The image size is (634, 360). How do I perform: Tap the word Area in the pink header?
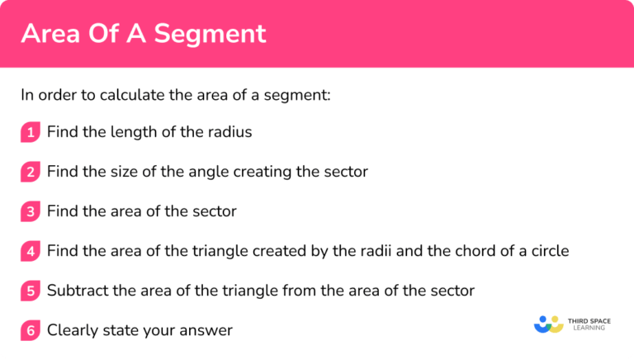coord(52,34)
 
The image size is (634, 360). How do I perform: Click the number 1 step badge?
coord(31,132)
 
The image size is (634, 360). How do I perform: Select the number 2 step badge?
coord(31,172)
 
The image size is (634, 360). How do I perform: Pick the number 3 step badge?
coord(31,211)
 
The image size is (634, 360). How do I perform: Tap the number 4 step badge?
coord(31,251)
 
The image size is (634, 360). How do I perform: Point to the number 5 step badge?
coord(31,291)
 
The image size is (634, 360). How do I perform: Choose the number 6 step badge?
coord(31,330)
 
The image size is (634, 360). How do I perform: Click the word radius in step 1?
coord(228,132)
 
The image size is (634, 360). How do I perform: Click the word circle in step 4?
coord(545,251)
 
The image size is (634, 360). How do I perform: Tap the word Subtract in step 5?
coord(78,291)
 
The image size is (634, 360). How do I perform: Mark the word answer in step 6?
coord(206,331)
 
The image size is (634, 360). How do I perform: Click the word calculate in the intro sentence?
coord(115,94)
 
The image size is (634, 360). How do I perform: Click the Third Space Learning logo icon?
coord(548,324)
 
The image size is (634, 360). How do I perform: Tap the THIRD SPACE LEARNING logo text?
coord(589,324)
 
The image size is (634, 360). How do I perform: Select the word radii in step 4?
coord(352,251)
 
